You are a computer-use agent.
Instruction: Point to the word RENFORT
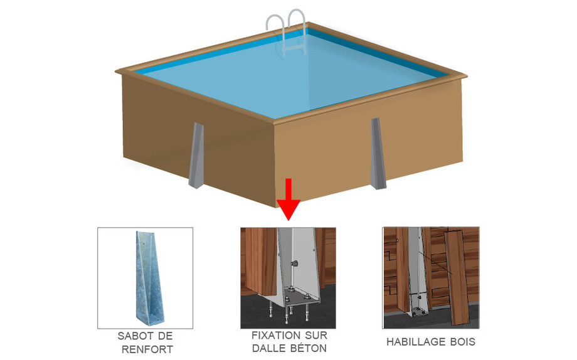(145, 349)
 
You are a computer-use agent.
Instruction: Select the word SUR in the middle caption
(315, 336)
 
